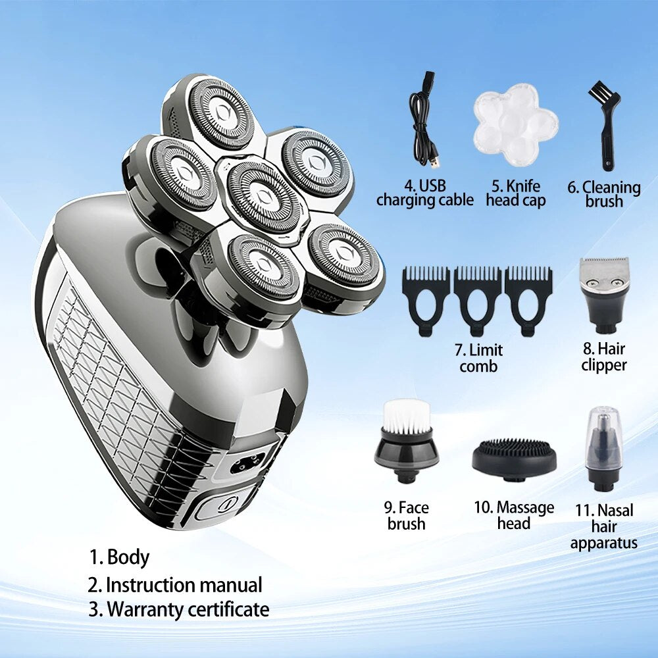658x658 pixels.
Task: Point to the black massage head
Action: (x=514, y=457)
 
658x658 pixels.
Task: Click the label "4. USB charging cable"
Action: (x=425, y=193)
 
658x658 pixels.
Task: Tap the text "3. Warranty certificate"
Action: (x=179, y=609)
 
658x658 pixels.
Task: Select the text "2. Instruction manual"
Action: (x=175, y=585)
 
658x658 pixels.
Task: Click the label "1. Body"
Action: (x=119, y=557)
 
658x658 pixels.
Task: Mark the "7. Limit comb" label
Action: (x=478, y=358)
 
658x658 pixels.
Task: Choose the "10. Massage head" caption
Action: (x=514, y=515)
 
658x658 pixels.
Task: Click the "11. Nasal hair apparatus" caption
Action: (x=604, y=526)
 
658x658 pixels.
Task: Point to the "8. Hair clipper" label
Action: (x=604, y=357)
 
